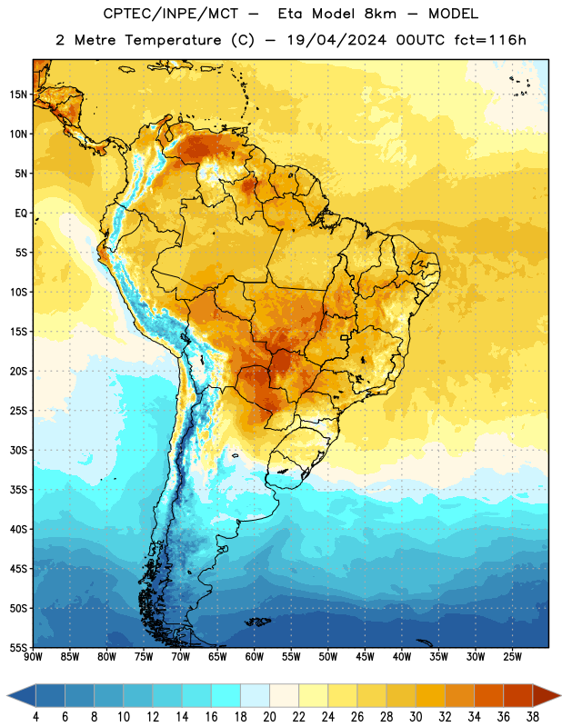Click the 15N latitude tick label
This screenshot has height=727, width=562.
pyautogui.click(x=18, y=95)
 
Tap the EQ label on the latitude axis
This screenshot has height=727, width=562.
pyautogui.click(x=21, y=214)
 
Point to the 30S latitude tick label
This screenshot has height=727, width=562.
pyautogui.click(x=18, y=451)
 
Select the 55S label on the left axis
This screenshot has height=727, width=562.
pyautogui.click(x=18, y=648)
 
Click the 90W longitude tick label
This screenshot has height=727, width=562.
pyautogui.click(x=33, y=657)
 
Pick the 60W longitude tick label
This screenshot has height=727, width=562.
pyautogui.click(x=255, y=657)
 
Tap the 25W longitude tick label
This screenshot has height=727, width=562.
pyautogui.click(x=512, y=657)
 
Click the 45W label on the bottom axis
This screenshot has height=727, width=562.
pyautogui.click(x=366, y=657)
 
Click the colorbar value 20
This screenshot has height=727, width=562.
pyautogui.click(x=269, y=717)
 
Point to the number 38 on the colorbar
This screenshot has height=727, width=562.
pyautogui.click(x=533, y=717)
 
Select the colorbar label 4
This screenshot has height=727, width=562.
pyautogui.click(x=35, y=717)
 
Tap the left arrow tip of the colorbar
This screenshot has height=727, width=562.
pyautogui.click(x=7, y=696)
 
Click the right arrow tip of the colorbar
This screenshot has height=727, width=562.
pyautogui.click(x=560, y=696)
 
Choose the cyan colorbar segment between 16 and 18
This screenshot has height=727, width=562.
pyautogui.click(x=226, y=696)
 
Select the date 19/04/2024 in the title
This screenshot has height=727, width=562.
pyautogui.click(x=336, y=40)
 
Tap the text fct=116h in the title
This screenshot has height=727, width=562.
pyautogui.click(x=490, y=40)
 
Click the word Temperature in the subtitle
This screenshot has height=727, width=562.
pyautogui.click(x=173, y=41)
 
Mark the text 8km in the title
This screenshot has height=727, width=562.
pyautogui.click(x=380, y=14)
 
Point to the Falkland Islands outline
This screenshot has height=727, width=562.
pyautogui.click(x=257, y=622)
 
